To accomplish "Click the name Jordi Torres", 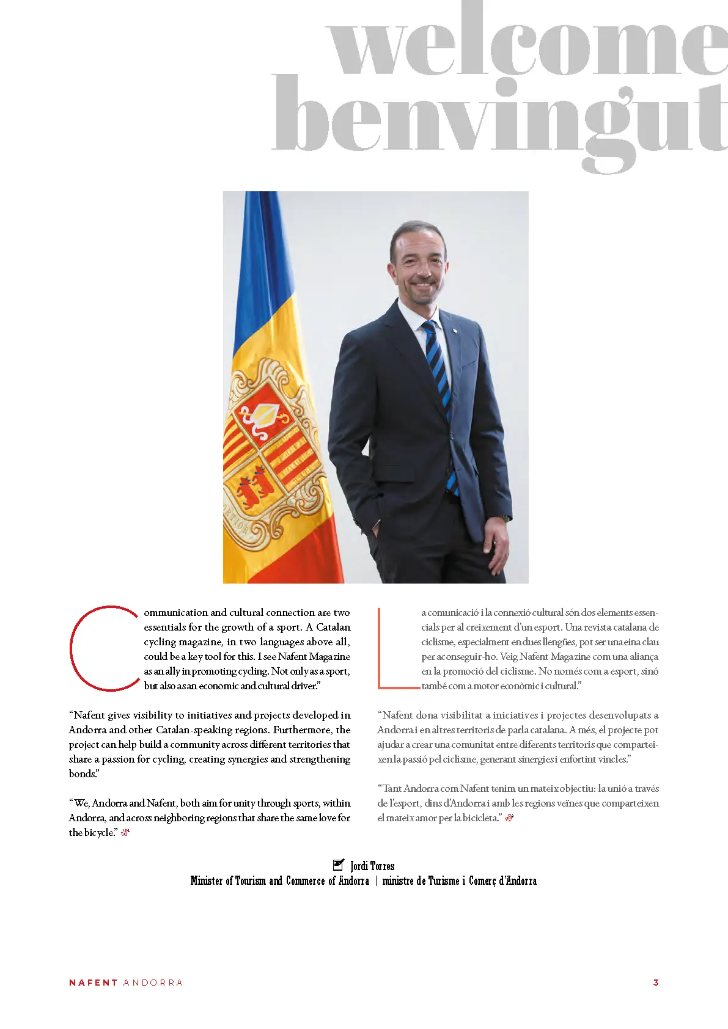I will tap(372, 866).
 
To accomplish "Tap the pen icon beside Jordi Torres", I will tap(338, 865).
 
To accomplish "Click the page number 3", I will tap(656, 983).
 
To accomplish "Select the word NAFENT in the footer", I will tap(93, 983).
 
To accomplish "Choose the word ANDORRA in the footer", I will tap(153, 983).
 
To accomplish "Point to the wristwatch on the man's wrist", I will tap(505, 518).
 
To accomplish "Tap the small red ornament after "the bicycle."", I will tap(125, 832).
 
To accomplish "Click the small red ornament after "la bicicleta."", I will tap(510, 818).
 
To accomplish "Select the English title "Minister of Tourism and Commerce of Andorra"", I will tap(279, 881).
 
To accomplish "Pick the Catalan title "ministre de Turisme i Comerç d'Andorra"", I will tap(460, 881).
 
